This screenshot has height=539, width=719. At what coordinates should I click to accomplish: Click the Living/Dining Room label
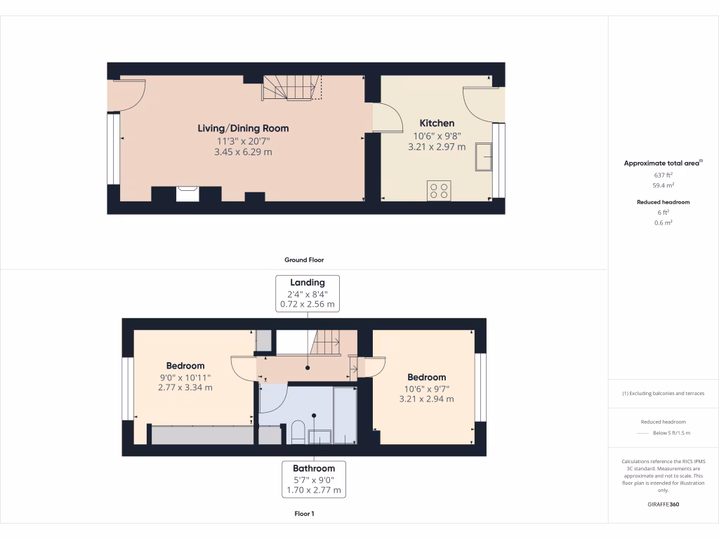(243, 128)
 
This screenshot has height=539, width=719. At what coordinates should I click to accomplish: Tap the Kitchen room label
(437, 123)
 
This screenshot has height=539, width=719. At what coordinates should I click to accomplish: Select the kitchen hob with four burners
(439, 190)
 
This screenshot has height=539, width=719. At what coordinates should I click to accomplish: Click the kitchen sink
(483, 157)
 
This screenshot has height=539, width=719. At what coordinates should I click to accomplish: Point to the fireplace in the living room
(187, 192)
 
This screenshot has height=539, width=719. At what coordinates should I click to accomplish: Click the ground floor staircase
(290, 88)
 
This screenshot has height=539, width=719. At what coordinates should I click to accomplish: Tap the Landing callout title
(308, 283)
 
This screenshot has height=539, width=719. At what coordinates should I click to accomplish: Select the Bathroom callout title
(313, 468)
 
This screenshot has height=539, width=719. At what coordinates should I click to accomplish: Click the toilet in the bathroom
(297, 432)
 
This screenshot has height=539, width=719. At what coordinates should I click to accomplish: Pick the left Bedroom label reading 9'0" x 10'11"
(185, 377)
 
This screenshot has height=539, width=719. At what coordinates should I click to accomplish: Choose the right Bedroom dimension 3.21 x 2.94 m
(426, 399)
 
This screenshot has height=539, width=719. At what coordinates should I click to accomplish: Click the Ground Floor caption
(303, 260)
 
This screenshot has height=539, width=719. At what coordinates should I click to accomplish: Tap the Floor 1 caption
(304, 514)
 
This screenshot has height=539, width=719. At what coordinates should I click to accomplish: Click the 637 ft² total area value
(664, 175)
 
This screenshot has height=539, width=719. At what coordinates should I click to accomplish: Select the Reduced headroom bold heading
(664, 202)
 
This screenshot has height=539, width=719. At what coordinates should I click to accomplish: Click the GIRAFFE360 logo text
(664, 505)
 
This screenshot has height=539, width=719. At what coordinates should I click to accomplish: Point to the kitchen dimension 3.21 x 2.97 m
(437, 147)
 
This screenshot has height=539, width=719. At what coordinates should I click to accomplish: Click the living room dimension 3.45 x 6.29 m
(243, 152)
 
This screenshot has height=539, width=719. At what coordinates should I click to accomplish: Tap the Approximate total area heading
(662, 163)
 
